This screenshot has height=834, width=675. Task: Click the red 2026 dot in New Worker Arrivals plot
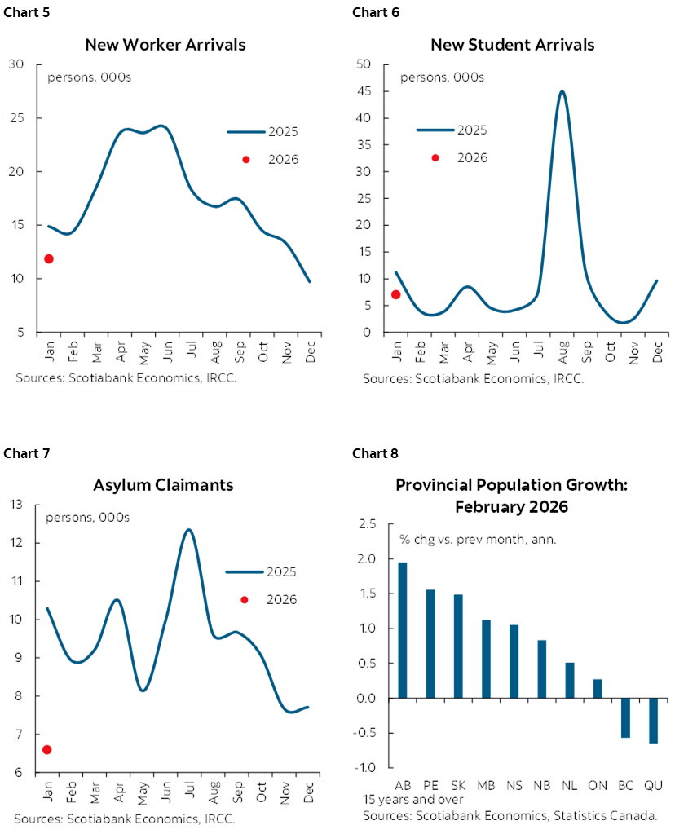coord(49,259)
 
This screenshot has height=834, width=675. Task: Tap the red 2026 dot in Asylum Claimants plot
coord(47,749)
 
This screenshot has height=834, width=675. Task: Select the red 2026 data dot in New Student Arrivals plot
coord(396,294)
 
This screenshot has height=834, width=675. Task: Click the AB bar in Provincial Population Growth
coord(402,630)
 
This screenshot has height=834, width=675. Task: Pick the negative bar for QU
coord(653,720)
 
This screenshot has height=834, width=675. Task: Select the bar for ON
coord(598,689)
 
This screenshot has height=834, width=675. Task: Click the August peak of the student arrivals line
coord(562,91)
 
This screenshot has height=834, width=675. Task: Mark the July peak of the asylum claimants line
coord(189,530)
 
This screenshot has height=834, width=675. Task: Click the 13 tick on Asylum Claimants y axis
coord(16,505)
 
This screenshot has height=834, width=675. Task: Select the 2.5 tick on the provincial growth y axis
coord(367,525)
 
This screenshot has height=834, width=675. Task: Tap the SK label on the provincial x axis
coord(458,784)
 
